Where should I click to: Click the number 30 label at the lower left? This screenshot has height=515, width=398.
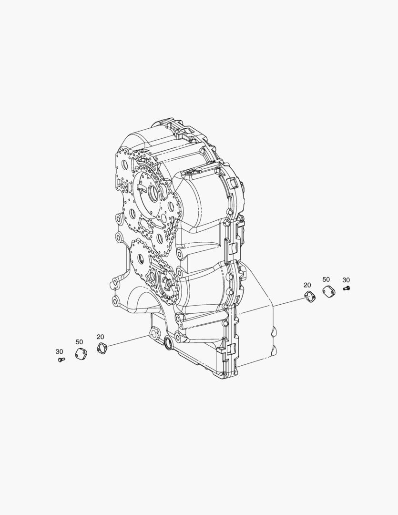click(x=59, y=352)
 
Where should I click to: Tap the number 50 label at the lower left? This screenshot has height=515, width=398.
click(x=79, y=342)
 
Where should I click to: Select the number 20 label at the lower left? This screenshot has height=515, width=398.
click(x=101, y=337)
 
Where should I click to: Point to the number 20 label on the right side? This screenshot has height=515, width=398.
click(x=307, y=285)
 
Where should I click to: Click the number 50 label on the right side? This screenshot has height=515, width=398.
click(x=326, y=279)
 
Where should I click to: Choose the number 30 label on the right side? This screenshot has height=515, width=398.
click(x=346, y=280)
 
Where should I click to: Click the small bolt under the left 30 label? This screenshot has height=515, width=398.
click(x=61, y=360)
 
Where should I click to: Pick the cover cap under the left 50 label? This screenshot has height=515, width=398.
click(x=81, y=354)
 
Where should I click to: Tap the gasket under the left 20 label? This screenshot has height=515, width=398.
click(x=102, y=348)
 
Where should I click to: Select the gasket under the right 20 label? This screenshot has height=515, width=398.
click(x=310, y=297)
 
